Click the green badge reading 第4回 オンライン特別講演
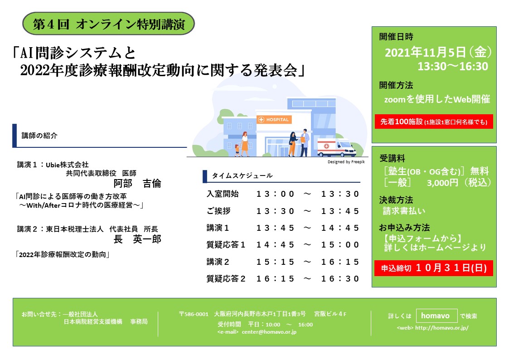tap(108, 24)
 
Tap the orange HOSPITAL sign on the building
tap(274, 119)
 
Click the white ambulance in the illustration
tap(337, 148)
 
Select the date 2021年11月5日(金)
tap(438, 52)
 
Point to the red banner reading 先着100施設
tap(434, 122)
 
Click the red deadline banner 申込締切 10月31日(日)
tap(434, 268)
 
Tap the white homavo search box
tap(436, 316)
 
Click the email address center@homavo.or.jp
tap(269, 332)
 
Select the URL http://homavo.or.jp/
tap(441, 328)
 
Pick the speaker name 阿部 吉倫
tap(137, 184)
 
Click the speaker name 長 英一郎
tap(137, 239)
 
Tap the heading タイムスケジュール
tap(242, 175)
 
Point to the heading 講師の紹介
tap(39, 136)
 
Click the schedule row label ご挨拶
tap(218, 211)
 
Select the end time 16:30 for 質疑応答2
tap(340, 279)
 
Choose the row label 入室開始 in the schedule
tap(223, 194)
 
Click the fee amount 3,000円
tap(442, 183)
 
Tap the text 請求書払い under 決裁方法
tap(404, 211)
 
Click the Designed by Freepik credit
tap(346, 162)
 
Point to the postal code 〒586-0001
tap(194, 314)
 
